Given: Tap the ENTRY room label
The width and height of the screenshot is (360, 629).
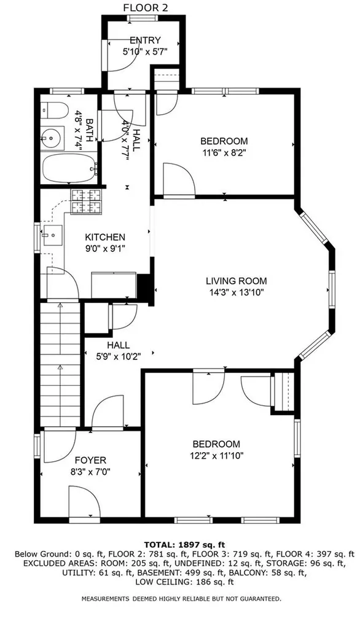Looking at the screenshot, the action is click(145, 40).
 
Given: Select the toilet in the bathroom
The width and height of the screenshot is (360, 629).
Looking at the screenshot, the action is click(54, 110).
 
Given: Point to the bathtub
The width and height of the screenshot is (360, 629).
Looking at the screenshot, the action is click(69, 168).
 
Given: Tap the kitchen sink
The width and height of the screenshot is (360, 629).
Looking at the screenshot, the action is click(52, 235).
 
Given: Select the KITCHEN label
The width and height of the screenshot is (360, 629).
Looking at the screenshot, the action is click(105, 237).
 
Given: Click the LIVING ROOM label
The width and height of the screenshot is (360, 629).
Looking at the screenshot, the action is click(237, 281).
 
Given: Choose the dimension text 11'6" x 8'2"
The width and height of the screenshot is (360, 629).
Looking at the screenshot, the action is click(224, 152).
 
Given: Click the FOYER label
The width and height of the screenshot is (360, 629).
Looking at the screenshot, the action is click(91, 461).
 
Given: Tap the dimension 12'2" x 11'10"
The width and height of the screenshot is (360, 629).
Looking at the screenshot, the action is click(217, 456).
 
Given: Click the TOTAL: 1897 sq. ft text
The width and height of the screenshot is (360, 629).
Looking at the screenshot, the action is click(185, 545).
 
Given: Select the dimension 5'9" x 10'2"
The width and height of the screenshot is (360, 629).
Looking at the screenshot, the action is click(119, 356).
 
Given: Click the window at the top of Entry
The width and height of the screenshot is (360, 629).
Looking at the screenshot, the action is click(142, 18).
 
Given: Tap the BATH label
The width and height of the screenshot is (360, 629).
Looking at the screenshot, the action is click(90, 129).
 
